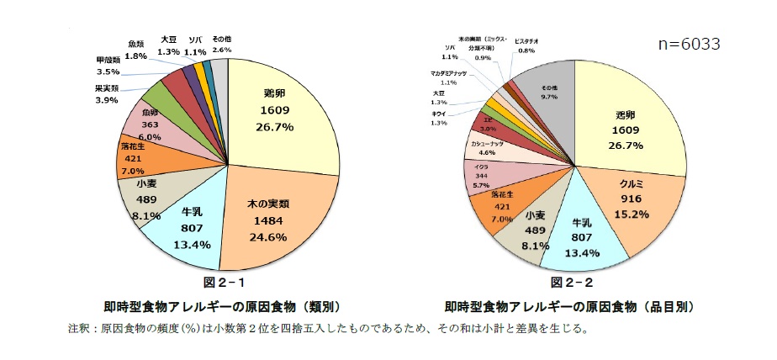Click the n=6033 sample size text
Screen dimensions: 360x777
[x=690, y=44]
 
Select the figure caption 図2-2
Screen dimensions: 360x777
[x=572, y=282]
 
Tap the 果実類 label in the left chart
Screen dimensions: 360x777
[x=106, y=88]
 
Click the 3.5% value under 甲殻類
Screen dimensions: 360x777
[x=108, y=73]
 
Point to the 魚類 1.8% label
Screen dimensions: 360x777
[x=136, y=50]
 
